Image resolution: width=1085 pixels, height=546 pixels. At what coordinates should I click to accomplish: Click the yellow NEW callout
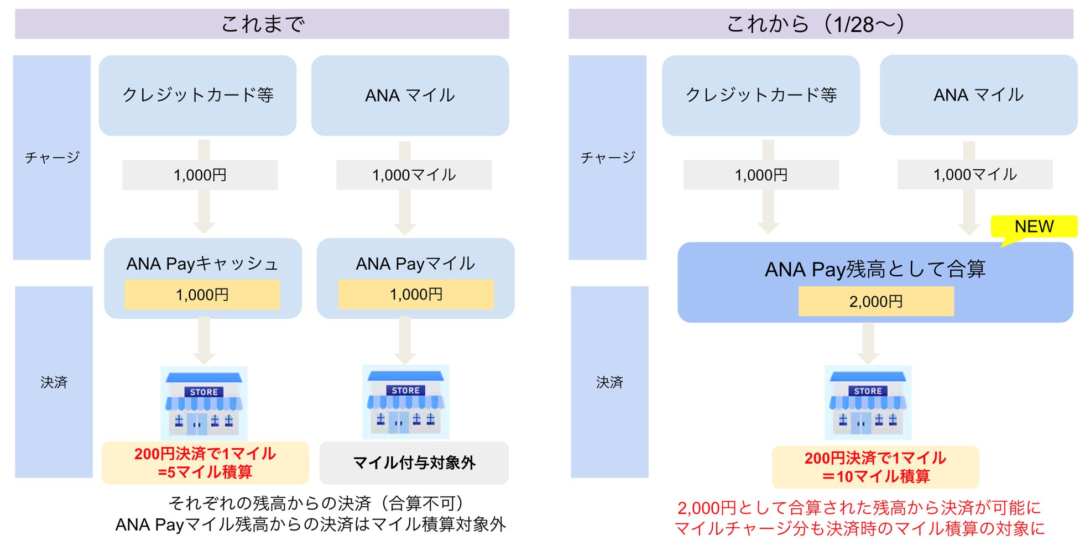point(1034,227)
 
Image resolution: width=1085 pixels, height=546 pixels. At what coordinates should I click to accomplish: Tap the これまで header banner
point(262,24)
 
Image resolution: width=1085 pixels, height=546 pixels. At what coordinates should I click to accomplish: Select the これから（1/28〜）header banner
point(820,24)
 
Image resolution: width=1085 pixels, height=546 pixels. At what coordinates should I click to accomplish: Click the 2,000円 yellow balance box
point(875,301)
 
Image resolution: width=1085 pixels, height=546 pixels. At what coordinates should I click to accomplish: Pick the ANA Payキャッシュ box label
point(202,264)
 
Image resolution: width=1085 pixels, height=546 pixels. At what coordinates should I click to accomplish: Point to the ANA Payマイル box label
point(415,264)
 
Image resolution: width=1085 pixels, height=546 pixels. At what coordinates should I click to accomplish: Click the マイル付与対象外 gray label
point(414,463)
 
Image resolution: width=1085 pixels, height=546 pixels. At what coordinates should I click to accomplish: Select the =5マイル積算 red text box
point(205,463)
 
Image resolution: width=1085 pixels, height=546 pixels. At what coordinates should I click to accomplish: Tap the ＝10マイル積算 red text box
point(875,467)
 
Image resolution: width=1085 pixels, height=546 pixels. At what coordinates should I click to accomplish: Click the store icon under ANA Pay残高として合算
point(868,402)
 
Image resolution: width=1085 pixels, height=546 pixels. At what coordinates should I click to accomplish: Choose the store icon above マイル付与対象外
point(405,402)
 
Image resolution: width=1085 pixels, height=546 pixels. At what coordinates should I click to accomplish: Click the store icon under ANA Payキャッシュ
point(204,403)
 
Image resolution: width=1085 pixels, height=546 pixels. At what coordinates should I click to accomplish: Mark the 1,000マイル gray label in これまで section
point(414,175)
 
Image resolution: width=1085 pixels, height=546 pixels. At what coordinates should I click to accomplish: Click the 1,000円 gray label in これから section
point(760,175)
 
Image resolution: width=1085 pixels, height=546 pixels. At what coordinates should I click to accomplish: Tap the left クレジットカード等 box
point(197,95)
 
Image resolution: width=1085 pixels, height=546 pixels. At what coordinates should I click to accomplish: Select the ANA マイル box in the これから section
point(978,95)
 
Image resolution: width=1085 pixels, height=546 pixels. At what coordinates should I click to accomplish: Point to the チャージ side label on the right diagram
point(607,158)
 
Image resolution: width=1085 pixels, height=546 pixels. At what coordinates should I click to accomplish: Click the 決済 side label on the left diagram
point(54,382)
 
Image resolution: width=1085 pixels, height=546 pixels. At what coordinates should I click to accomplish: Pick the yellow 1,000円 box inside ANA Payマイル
point(416,294)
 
